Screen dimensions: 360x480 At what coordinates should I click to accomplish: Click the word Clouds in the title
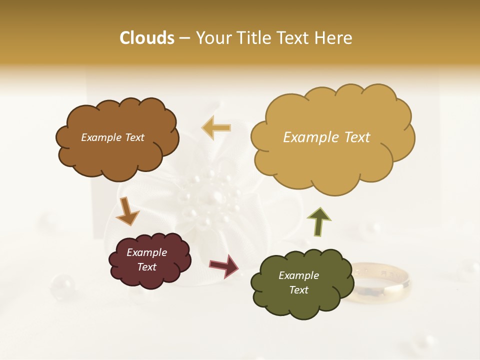pos(147,38)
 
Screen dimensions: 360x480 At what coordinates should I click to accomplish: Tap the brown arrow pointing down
pos(127,211)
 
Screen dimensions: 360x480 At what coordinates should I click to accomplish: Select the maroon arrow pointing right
pos(224,265)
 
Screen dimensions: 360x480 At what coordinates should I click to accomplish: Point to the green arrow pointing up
pos(319,222)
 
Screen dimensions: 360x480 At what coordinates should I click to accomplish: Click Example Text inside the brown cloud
pos(112,137)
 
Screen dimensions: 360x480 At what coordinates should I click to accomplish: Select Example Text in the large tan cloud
pos(326,137)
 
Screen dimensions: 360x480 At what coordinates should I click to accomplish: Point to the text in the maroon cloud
pos(147,260)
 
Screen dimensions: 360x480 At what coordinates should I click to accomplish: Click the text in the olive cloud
pos(298,282)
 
